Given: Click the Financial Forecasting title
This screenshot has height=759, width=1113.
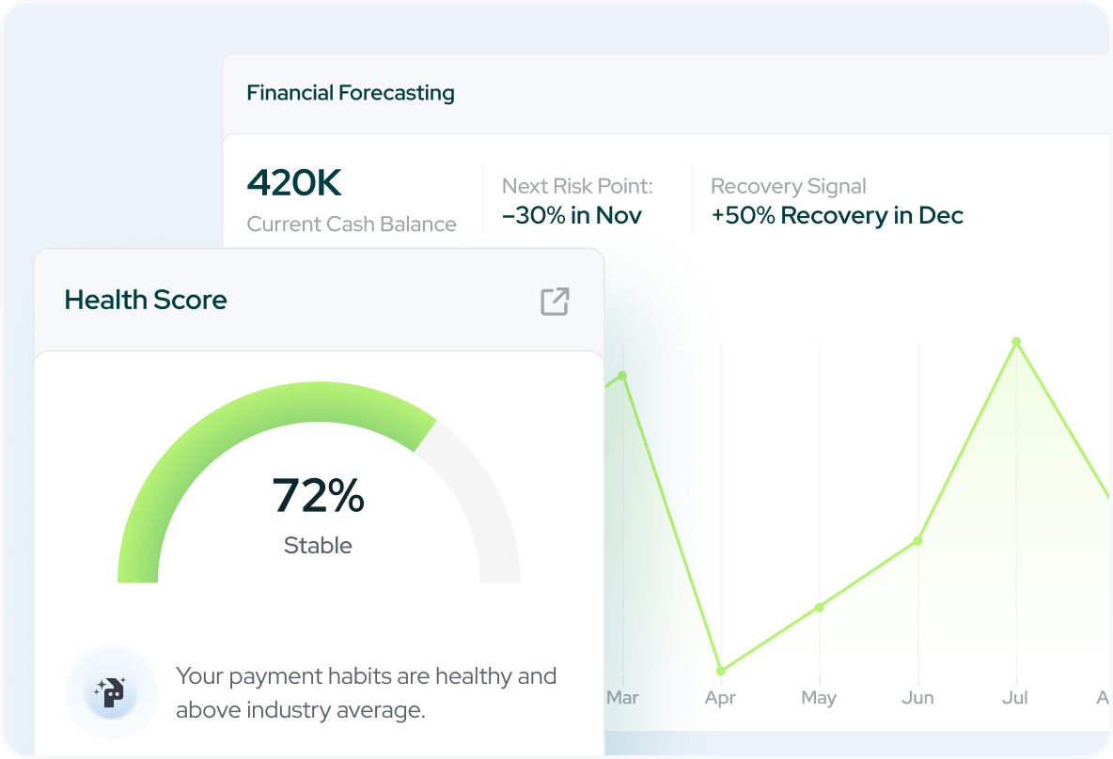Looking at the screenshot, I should click(x=350, y=93).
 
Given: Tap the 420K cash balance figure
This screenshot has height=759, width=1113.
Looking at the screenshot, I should click(x=293, y=183).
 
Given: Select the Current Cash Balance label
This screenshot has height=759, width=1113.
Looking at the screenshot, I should click(x=351, y=225).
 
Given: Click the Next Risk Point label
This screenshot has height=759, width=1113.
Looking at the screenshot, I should click(x=576, y=186).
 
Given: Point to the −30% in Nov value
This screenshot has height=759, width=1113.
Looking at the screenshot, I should click(x=572, y=215).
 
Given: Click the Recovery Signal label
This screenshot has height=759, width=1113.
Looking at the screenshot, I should click(x=788, y=186).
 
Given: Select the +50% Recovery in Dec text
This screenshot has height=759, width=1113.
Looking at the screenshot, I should click(x=837, y=215).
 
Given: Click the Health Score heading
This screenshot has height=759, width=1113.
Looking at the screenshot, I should click(x=146, y=301).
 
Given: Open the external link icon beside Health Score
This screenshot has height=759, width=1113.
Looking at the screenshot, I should click(x=555, y=302).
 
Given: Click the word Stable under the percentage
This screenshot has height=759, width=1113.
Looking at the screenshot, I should click(x=318, y=546).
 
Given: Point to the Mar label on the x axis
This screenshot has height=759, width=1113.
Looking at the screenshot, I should click(x=622, y=698).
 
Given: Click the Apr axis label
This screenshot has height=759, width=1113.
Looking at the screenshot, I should click(x=720, y=698).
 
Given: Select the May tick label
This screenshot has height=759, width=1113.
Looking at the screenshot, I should click(x=819, y=698).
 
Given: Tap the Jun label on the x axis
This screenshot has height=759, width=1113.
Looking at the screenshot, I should click(x=917, y=698).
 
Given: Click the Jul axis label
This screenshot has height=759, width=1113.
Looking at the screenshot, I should click(x=1016, y=698).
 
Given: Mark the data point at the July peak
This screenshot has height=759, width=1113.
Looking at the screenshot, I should click(x=1016, y=342).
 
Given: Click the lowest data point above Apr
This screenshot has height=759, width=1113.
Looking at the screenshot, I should click(x=721, y=671).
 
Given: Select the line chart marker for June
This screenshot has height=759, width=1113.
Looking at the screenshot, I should click(x=917, y=541).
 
